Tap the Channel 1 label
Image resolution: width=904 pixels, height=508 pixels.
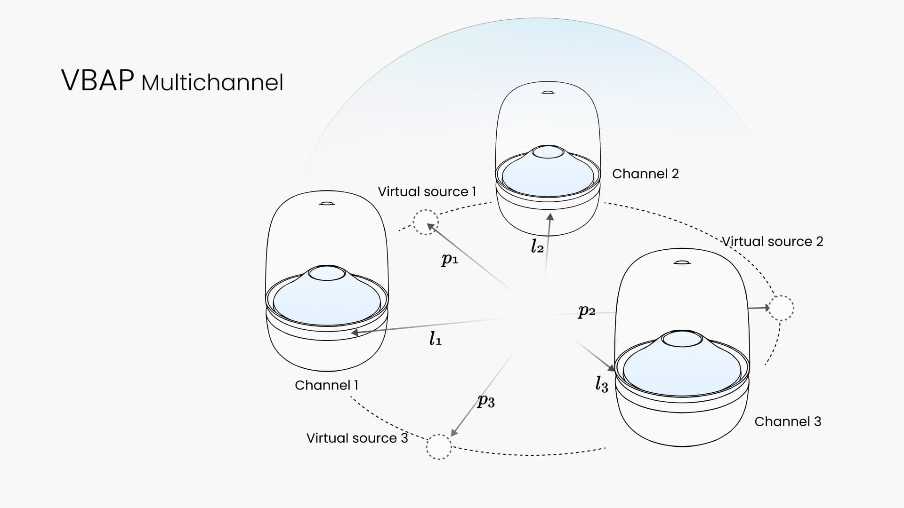pyautogui.click(x=327, y=385)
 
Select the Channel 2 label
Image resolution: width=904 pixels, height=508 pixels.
pyautogui.click(x=646, y=174)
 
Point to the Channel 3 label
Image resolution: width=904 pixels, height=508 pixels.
pyautogui.click(x=788, y=421)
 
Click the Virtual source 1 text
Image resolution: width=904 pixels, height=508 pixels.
pyautogui.click(x=427, y=191)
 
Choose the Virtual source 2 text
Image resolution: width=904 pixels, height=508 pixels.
pyautogui.click(x=773, y=241)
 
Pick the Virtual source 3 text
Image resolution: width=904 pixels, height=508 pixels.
pyautogui.click(x=357, y=438)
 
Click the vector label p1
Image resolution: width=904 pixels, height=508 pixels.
pyautogui.click(x=449, y=259)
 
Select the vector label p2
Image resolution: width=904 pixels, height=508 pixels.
pyautogui.click(x=587, y=311)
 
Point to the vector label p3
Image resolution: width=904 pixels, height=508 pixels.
pyautogui.click(x=486, y=401)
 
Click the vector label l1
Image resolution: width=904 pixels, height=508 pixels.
pyautogui.click(x=435, y=338)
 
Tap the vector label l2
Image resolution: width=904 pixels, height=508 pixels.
pyautogui.click(x=537, y=246)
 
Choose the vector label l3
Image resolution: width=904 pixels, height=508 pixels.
pyautogui.click(x=602, y=384)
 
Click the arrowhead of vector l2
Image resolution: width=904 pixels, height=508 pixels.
pyautogui.click(x=550, y=217)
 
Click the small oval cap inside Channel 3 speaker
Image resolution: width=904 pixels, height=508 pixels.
pyautogui.click(x=682, y=339)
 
